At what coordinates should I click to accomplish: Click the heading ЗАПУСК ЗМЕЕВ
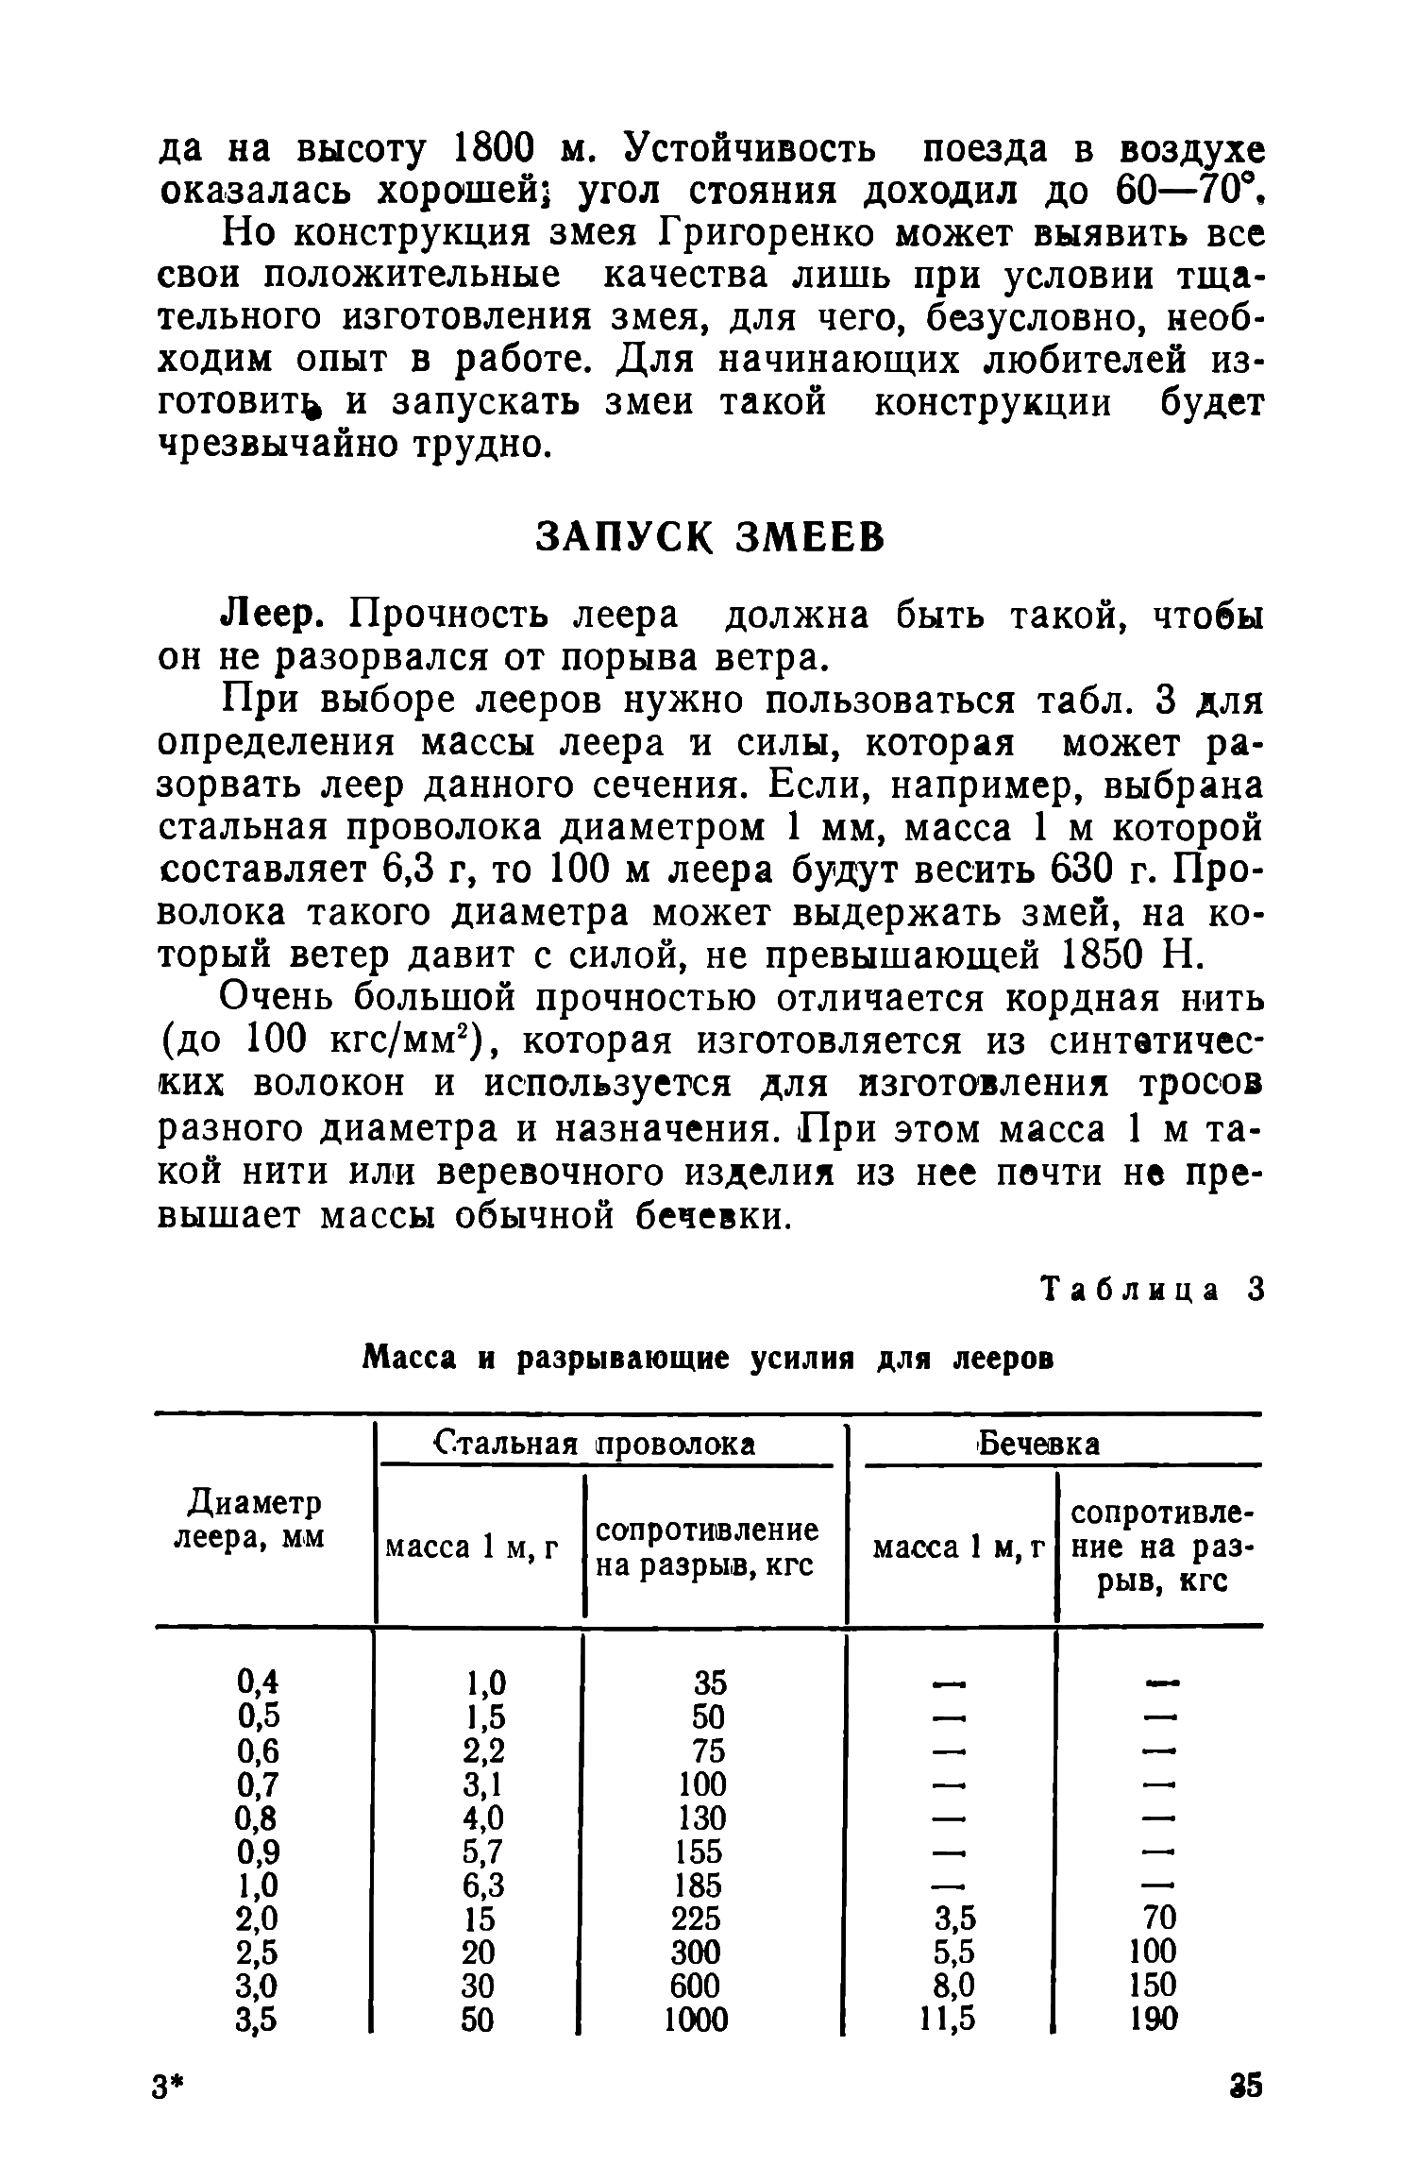coord(710,537)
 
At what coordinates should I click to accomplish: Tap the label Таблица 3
coord(1151,1289)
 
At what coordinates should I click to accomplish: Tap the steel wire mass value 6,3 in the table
coord(484,1885)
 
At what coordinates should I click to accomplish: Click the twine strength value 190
coord(1153,2019)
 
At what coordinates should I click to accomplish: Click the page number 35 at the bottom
coord(1246,2085)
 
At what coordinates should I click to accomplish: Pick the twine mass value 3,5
coord(952,1918)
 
